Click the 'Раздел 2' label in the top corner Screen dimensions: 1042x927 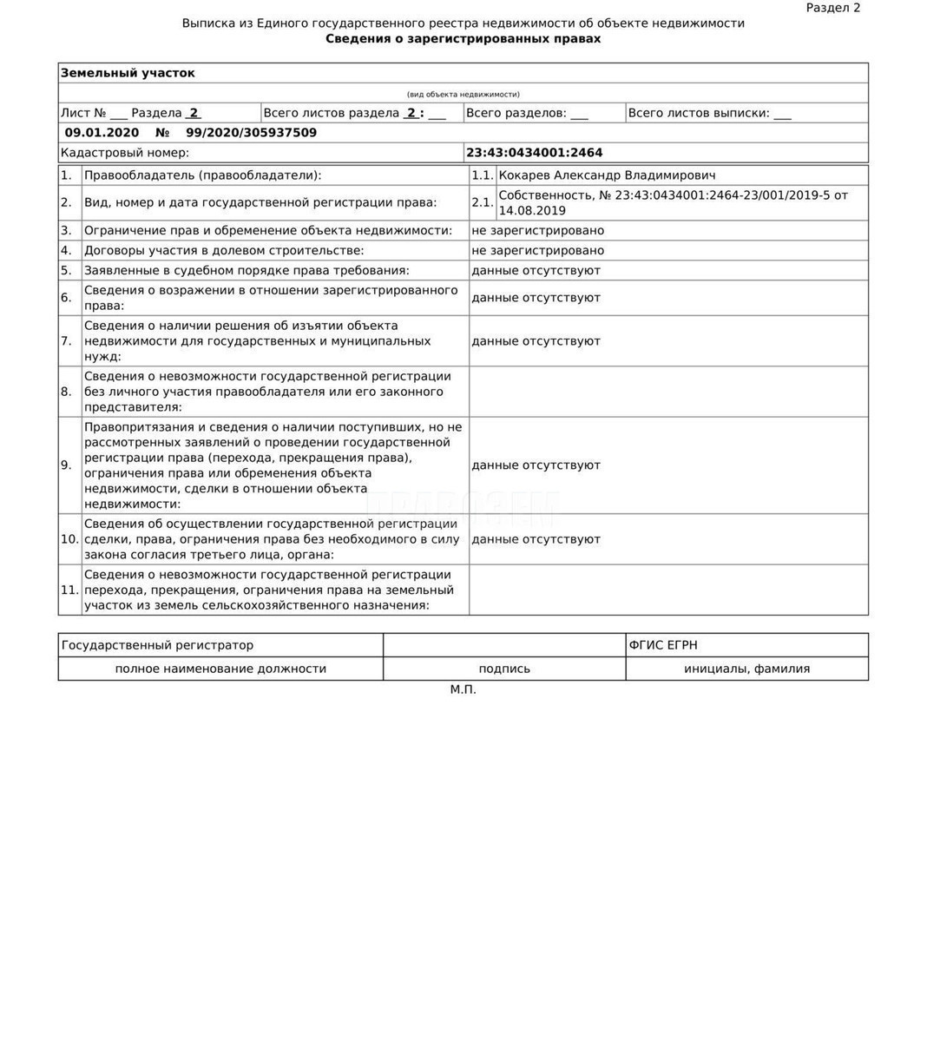point(832,8)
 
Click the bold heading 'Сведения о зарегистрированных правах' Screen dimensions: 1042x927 point(463,39)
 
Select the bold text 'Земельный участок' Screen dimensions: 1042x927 point(128,73)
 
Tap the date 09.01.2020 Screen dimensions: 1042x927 point(102,133)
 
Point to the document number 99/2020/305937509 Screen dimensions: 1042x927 point(251,133)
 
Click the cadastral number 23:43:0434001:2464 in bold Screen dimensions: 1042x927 point(534,153)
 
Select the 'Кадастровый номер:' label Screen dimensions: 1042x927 point(125,153)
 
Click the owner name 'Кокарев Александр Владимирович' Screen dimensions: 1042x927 point(607,175)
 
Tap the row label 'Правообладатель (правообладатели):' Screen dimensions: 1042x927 point(202,175)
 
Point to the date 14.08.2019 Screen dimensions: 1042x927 point(532,211)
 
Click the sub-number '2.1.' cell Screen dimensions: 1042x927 point(483,202)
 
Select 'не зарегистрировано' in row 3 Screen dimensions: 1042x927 point(537,231)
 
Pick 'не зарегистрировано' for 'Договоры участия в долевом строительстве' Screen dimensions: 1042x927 point(537,251)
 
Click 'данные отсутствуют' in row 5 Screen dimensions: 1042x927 point(536,271)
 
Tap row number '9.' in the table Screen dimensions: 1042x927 point(67,465)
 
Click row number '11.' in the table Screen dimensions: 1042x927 point(69,590)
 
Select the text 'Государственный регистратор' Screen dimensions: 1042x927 point(158,645)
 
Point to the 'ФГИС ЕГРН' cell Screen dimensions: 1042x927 point(663,645)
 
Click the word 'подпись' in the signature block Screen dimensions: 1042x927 point(504,669)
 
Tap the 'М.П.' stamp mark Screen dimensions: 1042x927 point(463,689)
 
